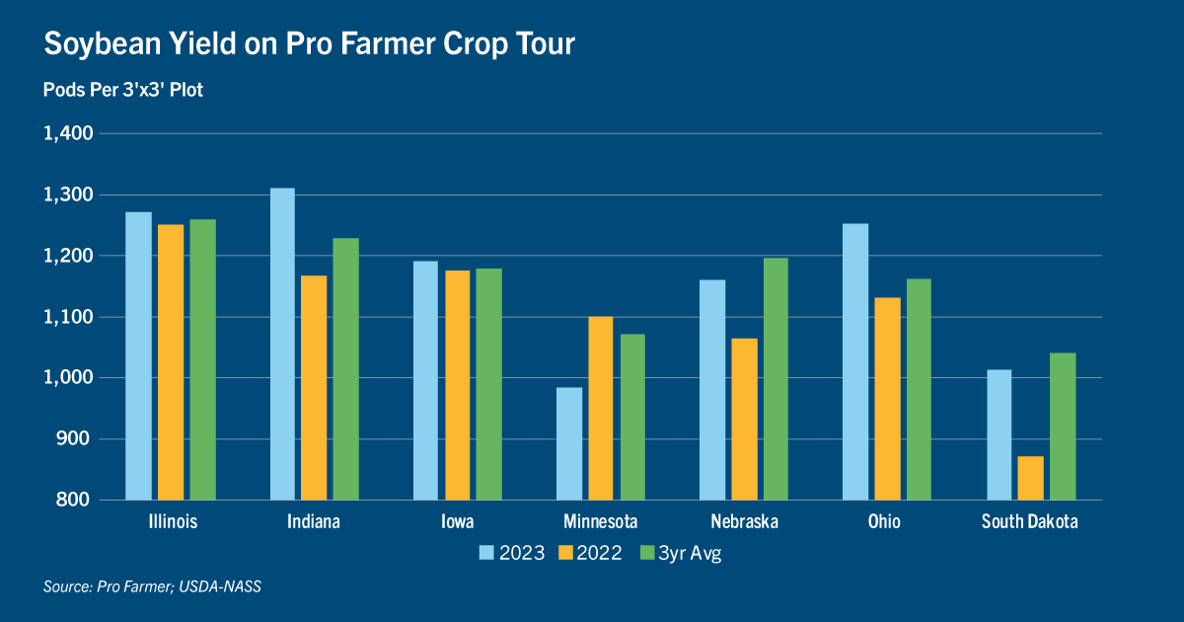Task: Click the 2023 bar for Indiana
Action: tap(282, 344)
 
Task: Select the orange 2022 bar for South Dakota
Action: tap(1030, 478)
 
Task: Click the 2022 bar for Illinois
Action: tap(171, 362)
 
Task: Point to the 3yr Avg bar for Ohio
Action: tap(918, 389)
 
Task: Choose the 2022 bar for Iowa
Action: tap(458, 385)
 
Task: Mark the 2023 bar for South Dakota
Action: tap(999, 434)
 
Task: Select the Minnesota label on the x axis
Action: tap(601, 521)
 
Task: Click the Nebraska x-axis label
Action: tap(744, 521)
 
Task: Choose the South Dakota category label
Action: tap(1029, 521)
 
